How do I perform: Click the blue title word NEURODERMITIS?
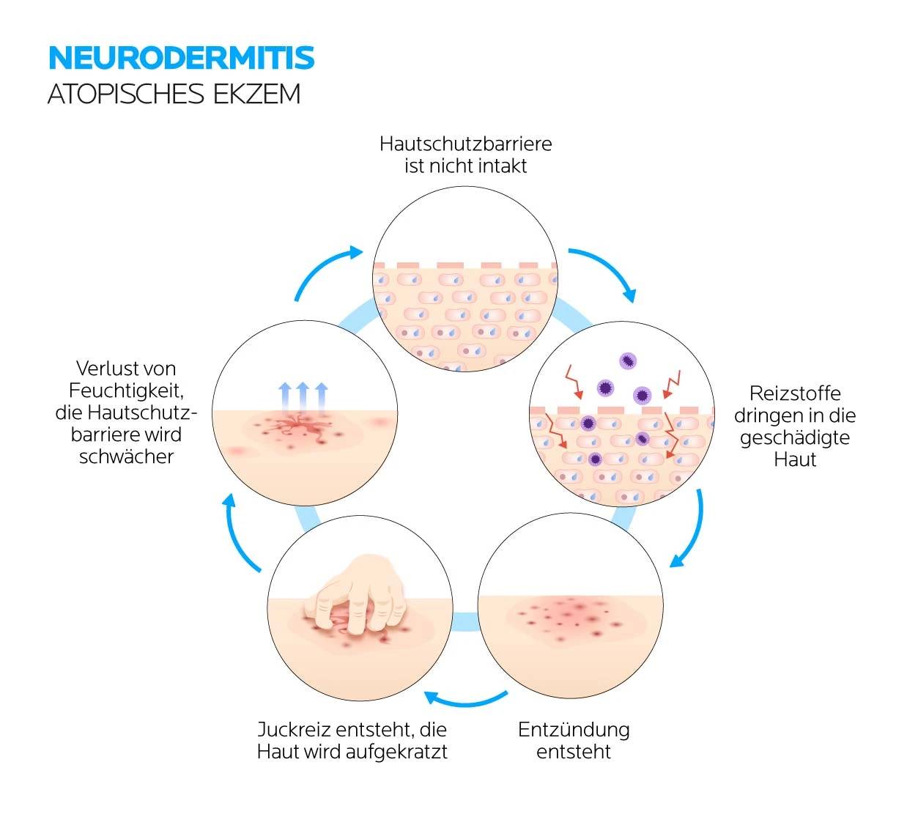coord(181,58)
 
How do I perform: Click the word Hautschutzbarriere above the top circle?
coord(465,144)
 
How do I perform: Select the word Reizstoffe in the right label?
coord(794,393)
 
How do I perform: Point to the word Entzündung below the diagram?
coord(573,730)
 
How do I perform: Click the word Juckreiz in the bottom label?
coord(292,730)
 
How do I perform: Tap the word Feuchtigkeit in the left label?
coord(126,391)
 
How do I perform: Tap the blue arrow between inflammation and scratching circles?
coord(466,700)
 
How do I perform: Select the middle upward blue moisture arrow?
coord(303,395)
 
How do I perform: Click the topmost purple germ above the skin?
coord(627,361)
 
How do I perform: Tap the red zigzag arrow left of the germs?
coord(573,382)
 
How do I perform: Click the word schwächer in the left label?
coord(126,456)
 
